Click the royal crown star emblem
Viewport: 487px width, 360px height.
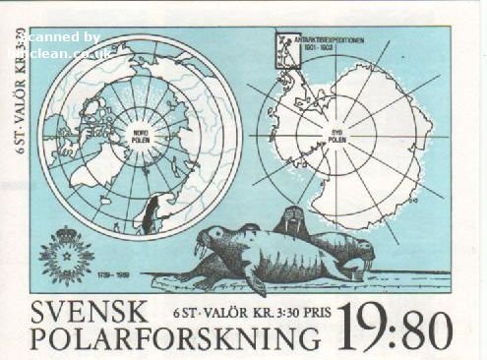[x=66, y=254]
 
